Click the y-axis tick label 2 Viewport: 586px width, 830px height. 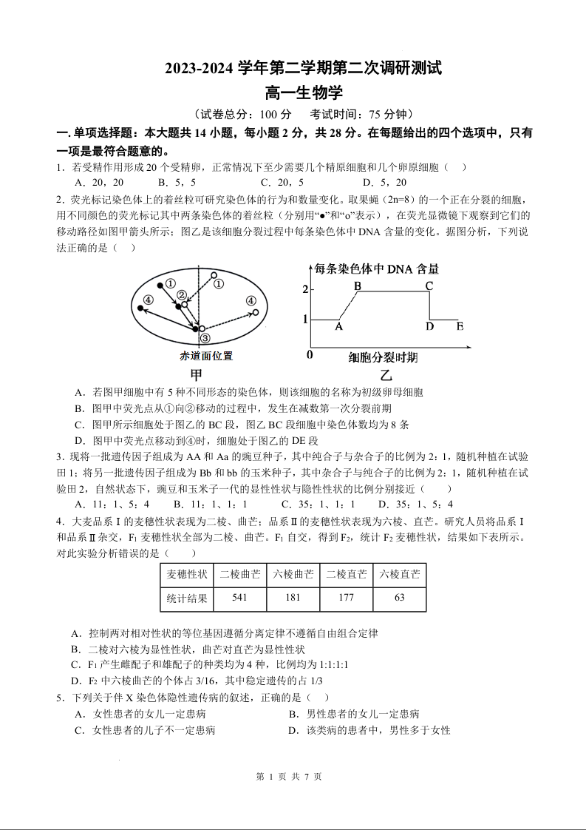coord(304,289)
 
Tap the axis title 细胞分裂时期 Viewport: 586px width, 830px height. coord(383,358)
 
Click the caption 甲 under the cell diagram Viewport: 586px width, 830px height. coord(197,374)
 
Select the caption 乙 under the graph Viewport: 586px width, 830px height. coord(386,376)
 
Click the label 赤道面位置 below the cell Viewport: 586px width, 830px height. coord(206,356)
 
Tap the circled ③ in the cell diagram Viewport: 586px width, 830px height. coord(205,338)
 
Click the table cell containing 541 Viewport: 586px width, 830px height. coord(239,598)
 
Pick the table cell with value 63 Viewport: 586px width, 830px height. coord(399,598)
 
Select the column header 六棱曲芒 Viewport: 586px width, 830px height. coord(293,574)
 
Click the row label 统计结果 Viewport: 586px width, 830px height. coord(187,598)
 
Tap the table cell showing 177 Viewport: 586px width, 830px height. coord(346,598)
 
